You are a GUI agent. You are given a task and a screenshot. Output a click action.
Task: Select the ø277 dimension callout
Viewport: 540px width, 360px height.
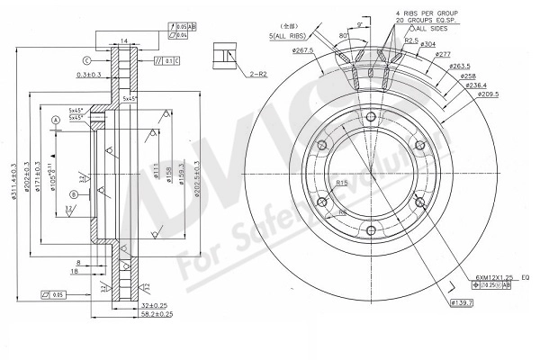coord(442,56)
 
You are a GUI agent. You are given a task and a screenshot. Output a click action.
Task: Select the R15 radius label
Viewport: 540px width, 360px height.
coord(343,183)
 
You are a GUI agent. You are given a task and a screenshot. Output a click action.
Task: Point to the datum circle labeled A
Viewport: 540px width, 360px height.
coord(55,120)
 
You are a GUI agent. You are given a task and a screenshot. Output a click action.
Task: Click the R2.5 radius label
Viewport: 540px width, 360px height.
coord(412,40)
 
